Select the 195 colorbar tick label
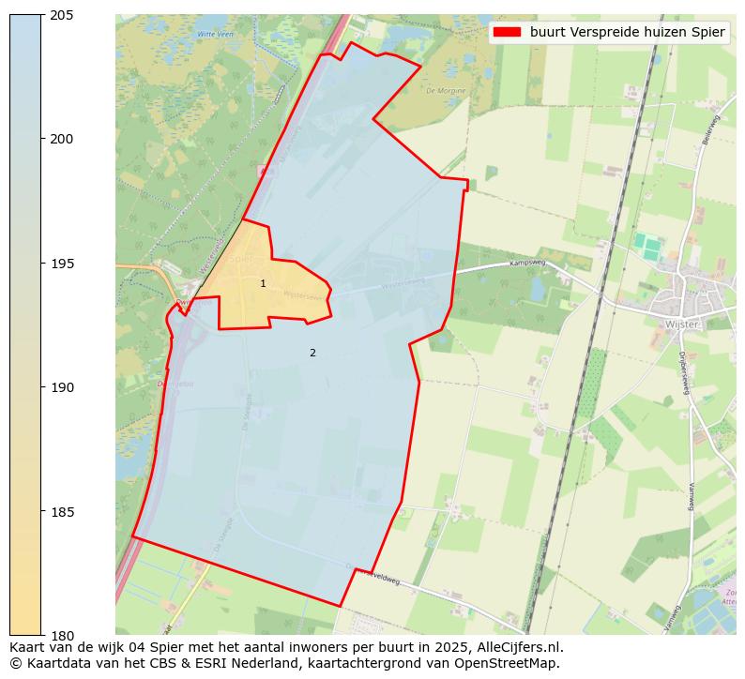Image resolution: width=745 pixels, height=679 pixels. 61,264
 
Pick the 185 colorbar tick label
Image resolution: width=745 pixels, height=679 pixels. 61,512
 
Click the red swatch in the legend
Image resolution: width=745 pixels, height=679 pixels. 507,32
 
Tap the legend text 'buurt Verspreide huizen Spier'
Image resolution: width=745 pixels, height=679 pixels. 627,32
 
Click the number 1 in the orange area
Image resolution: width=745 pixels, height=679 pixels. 263,283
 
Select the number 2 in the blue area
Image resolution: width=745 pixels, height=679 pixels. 312,353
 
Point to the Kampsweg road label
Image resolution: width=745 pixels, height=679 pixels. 526,264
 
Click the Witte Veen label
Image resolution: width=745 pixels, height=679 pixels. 213,34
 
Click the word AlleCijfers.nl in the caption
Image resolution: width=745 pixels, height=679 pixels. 519,647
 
